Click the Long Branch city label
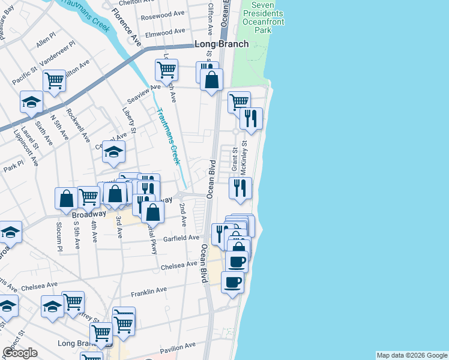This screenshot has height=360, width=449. tap(221, 44)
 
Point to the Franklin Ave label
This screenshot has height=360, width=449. tap(149, 290)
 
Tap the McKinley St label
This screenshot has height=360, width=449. tap(244, 157)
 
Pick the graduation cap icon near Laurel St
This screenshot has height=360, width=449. tap(31, 102)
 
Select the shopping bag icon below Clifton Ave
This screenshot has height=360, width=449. tap(211, 80)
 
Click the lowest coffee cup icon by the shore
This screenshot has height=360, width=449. tap(232, 281)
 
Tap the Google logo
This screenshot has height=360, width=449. tap(20, 352)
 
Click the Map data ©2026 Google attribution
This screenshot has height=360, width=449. tap(411, 355)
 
